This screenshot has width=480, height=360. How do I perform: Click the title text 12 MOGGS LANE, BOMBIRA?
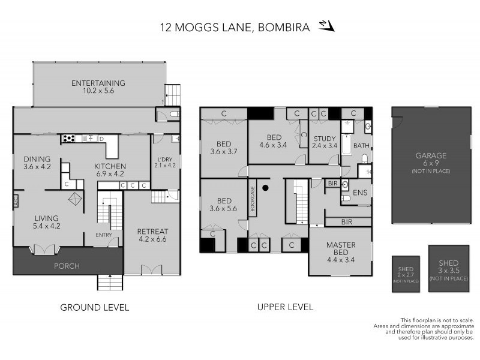tap(235, 26)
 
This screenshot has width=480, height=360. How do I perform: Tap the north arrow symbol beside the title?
tap(326, 25)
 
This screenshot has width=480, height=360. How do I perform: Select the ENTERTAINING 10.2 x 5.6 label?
tap(98, 87)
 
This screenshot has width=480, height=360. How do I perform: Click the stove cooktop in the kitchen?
tap(70, 139)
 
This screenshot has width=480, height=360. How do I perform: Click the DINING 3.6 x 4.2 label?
tap(37, 163)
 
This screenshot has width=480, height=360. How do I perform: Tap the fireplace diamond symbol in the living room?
tap(74, 200)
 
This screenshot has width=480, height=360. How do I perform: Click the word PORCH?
tap(67, 266)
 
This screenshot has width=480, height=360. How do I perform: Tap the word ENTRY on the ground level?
tap(104, 235)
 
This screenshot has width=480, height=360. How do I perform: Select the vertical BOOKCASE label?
tap(253, 197)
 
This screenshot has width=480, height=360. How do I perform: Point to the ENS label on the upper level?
tap(359, 193)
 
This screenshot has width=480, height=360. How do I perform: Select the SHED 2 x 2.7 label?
tap(406, 274)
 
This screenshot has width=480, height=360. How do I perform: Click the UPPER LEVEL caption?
tap(285, 307)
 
